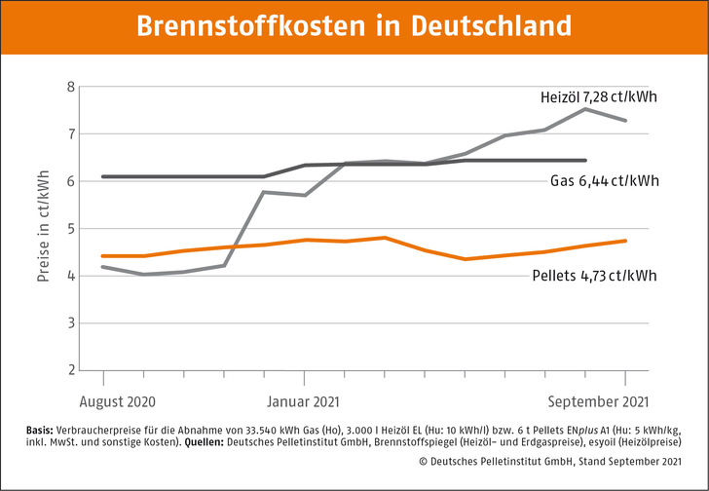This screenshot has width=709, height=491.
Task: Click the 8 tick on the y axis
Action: click(x=70, y=87)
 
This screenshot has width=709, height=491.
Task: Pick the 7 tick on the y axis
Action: click(x=70, y=133)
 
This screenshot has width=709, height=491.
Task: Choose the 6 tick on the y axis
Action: click(x=70, y=181)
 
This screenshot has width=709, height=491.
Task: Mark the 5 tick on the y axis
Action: click(x=70, y=229)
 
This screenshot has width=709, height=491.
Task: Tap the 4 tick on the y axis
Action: click(x=70, y=276)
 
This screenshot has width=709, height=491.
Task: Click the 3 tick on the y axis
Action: click(x=70, y=323)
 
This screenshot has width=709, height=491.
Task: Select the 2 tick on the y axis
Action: click(x=70, y=370)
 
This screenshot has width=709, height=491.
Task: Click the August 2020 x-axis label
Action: click(x=116, y=400)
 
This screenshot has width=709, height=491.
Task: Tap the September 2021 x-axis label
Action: click(x=596, y=400)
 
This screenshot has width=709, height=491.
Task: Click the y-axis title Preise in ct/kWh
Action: click(x=44, y=228)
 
